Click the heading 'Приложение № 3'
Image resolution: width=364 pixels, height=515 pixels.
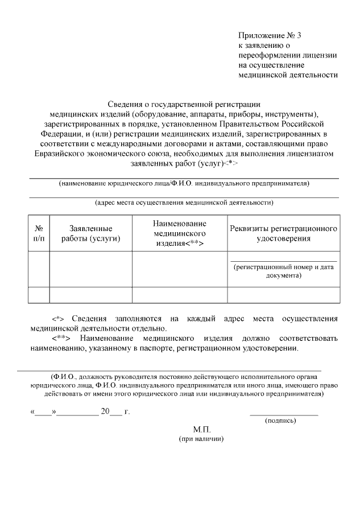pos(269,35)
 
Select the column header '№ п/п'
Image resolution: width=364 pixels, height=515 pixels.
pos(39,233)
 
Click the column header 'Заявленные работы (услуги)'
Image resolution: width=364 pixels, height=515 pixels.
pos(91,233)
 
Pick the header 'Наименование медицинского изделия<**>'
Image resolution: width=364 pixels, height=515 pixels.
pos(180,233)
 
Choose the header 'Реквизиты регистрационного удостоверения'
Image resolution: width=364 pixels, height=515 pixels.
pos(283,233)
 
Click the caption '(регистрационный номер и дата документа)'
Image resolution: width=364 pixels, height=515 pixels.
pos(283,271)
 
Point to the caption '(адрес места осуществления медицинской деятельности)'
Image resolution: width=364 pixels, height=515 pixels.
pos(184,202)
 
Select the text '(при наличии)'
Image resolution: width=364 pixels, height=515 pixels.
pos(201,439)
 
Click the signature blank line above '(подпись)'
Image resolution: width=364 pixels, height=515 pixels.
pos(284,414)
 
